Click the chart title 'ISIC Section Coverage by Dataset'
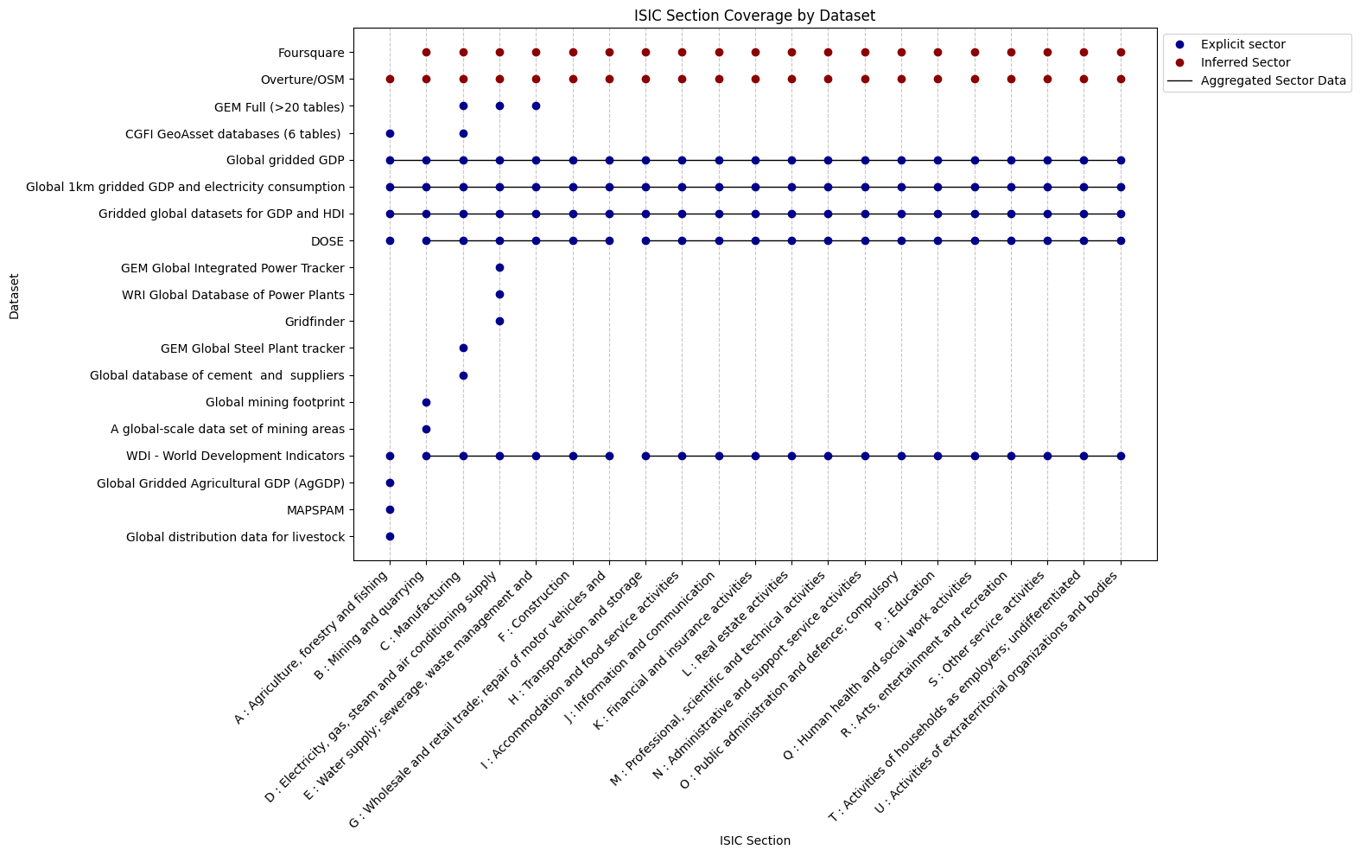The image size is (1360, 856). click(754, 16)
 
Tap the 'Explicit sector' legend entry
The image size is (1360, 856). click(1242, 44)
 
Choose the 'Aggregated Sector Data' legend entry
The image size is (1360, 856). click(1273, 81)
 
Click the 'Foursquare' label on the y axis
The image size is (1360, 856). click(311, 53)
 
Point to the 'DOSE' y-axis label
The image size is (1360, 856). click(327, 241)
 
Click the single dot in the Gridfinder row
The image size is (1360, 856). click(499, 322)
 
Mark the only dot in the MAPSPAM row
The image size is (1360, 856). click(390, 510)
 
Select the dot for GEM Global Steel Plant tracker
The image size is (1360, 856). click(463, 348)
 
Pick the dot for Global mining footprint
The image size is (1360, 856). click(426, 402)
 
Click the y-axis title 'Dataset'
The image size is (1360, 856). click(15, 297)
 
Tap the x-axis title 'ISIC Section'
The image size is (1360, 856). click(754, 840)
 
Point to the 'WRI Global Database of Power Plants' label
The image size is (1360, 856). click(232, 295)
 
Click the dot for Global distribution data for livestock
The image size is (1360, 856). click(390, 537)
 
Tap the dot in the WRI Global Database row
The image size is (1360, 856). click(499, 295)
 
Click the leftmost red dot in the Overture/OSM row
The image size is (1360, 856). click(390, 80)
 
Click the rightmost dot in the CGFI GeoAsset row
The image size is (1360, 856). click(463, 133)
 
